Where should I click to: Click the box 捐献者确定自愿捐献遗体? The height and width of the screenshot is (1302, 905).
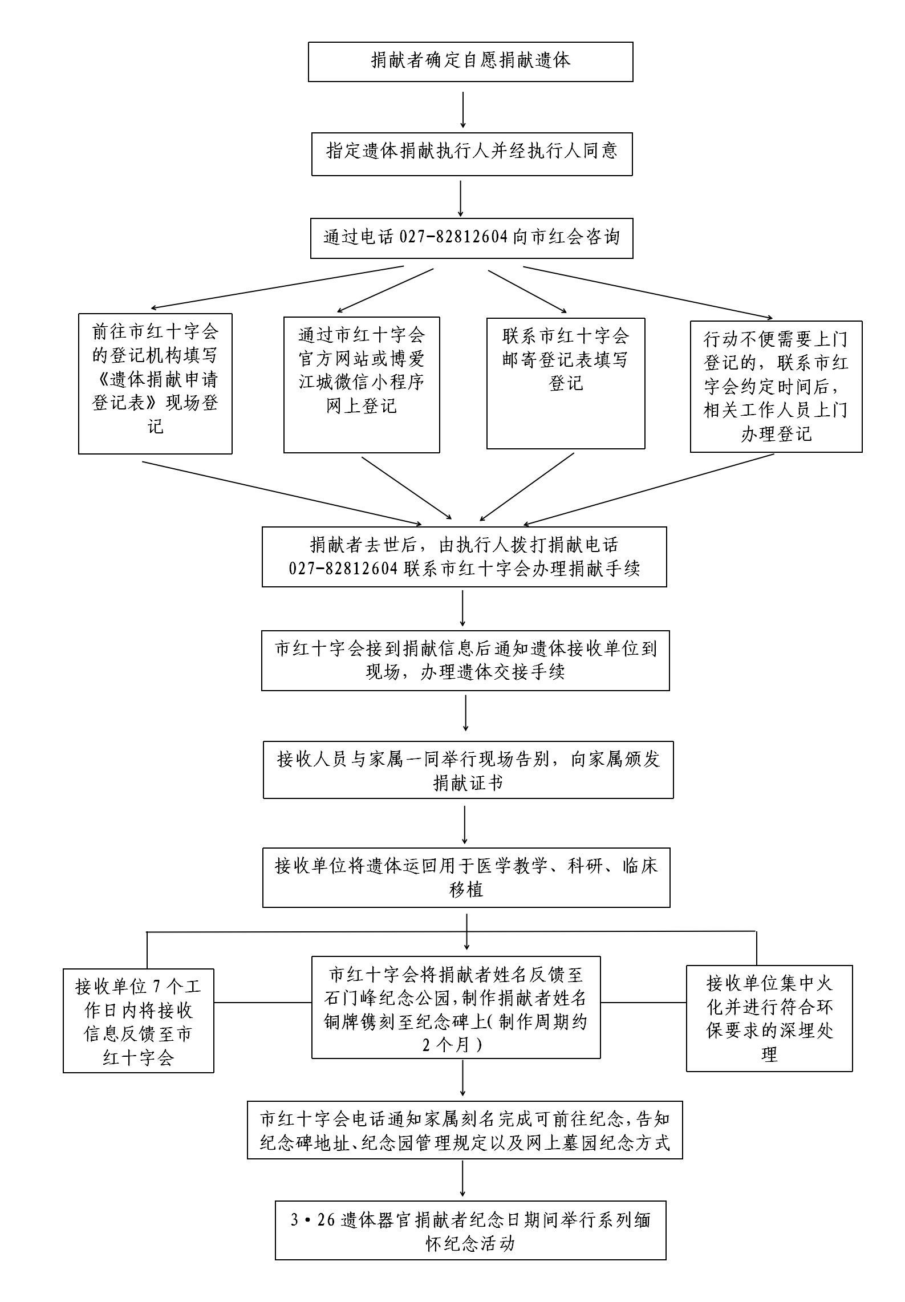click(470, 62)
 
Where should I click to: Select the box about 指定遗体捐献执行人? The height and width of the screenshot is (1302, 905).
click(472, 154)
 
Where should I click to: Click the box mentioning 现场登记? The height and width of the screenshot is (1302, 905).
click(155, 384)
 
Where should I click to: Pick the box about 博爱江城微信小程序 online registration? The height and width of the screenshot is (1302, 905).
click(362, 385)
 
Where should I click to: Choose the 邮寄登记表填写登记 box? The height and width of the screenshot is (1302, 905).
click(566, 383)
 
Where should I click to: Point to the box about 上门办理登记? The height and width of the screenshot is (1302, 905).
click(776, 387)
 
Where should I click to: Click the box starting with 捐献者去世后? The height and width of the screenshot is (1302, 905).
click(464, 557)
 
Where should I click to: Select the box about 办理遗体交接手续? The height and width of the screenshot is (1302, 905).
click(465, 660)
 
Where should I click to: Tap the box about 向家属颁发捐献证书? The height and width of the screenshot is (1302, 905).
click(468, 770)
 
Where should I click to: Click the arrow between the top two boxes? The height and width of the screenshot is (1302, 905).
click(462, 109)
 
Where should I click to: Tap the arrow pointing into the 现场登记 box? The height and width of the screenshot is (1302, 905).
click(277, 287)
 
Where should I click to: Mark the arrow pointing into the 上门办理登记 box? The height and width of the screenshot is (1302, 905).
click(648, 293)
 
